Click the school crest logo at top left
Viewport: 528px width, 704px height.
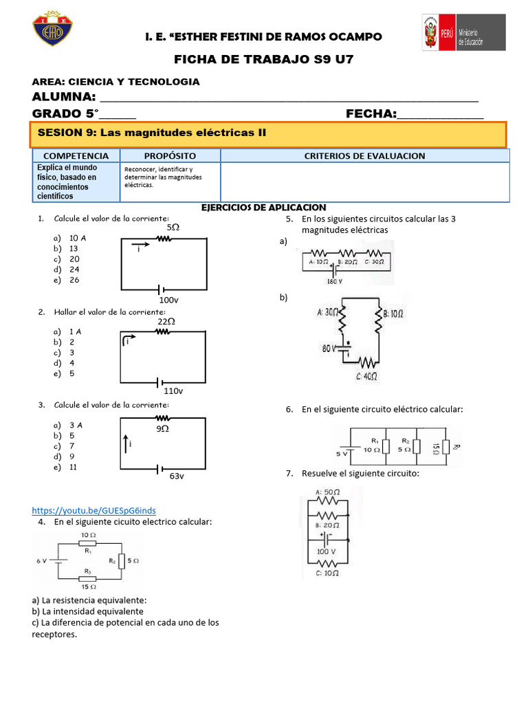point(53,29)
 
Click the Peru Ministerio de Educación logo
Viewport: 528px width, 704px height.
point(463,32)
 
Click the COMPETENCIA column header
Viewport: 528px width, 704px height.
point(76,156)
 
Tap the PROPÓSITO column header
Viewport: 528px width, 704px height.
point(170,156)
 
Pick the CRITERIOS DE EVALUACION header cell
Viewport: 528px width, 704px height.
point(364,156)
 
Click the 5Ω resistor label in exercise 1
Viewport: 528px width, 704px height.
point(173,226)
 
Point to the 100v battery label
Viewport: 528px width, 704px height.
point(168,300)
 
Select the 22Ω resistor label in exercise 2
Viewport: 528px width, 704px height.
point(166,321)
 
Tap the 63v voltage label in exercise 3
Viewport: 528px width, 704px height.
point(177,476)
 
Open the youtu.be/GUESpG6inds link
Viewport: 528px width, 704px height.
point(94,510)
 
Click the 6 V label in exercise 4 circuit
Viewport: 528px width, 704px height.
point(42,561)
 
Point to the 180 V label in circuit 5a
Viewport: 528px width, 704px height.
point(335,281)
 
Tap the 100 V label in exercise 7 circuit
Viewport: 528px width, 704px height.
point(326,551)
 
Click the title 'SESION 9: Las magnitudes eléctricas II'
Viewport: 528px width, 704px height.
point(151,132)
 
